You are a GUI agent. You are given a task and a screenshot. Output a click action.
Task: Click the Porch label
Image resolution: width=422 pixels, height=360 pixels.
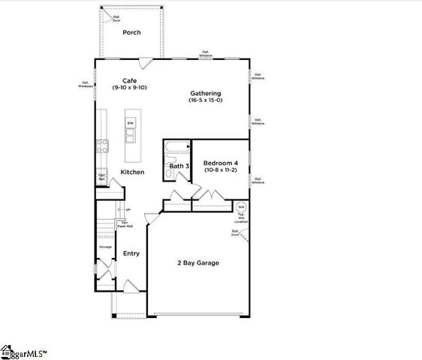click(132, 32)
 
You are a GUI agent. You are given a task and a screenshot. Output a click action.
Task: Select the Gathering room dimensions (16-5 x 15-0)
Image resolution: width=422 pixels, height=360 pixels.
click(205, 100)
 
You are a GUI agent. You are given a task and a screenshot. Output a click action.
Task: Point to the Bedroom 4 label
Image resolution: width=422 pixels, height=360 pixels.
click(220, 163)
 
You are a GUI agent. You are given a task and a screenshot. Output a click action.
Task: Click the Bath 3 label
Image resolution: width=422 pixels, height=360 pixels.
click(178, 166)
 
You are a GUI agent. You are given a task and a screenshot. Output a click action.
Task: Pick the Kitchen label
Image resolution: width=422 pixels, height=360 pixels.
click(132, 172)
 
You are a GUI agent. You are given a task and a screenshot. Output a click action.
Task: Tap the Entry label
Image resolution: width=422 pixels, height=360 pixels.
click(131, 253)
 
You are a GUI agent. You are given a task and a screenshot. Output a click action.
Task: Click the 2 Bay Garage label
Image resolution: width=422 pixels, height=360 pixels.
click(198, 262)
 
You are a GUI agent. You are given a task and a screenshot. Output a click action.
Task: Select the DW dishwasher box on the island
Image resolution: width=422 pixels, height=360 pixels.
click(131, 123)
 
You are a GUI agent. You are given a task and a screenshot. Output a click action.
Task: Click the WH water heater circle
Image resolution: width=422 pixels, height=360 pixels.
click(241, 207)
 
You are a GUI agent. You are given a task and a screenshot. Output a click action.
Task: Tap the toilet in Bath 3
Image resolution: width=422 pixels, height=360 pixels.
click(170, 174)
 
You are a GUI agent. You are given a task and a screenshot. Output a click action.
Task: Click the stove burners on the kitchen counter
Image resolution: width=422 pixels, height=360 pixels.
click(101, 146)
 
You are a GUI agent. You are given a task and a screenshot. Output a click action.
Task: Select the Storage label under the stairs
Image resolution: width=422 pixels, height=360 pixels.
click(105, 247)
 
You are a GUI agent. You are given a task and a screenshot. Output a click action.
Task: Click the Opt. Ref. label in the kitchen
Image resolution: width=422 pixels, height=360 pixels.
click(101, 178)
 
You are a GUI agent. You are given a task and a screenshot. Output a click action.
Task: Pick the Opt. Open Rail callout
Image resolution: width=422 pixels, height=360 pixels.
click(125, 223)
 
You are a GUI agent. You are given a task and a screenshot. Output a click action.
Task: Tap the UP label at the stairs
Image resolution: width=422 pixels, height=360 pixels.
click(128, 210)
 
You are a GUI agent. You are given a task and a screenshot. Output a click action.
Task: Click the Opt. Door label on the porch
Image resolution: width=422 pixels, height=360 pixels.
click(116, 17)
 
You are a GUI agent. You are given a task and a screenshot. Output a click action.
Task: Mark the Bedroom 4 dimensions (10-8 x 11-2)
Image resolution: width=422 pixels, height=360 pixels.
click(220, 170)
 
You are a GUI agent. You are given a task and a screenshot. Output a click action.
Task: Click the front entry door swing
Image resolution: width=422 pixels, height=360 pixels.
click(129, 286)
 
